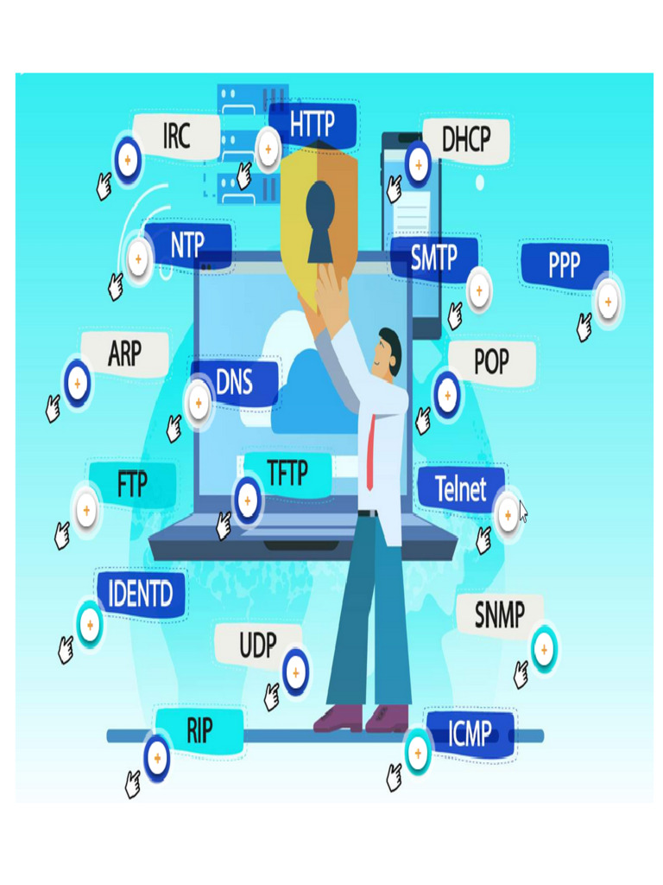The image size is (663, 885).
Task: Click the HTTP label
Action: pos(312,124)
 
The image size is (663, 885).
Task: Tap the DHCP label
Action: pos(466,138)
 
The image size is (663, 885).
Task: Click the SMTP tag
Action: pos(433,257)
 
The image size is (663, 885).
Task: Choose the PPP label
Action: pos(565,264)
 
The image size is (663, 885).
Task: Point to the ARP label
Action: pos(125,353)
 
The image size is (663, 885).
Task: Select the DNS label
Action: pos(234,382)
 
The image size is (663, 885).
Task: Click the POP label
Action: pos(491,361)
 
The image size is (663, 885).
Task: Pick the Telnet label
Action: pos(461,489)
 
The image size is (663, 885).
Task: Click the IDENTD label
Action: pos(141,594)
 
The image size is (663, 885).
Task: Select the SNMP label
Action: pos(500,615)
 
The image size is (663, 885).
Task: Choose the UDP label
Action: pos(257,645)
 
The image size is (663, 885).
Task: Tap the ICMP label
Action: pos(470,735)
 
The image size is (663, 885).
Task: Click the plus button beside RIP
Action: pos(157,757)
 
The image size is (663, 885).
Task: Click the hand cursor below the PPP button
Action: pos(584,328)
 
